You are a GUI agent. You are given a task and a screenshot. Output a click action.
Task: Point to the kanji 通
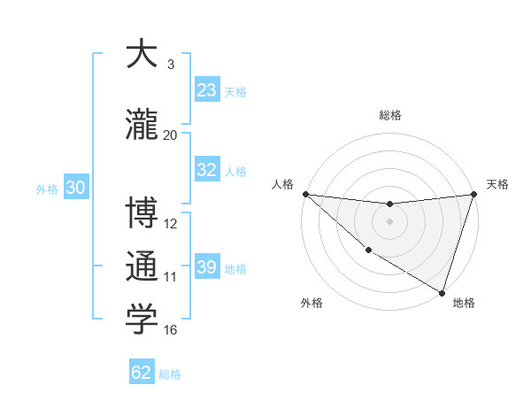coord(142,267)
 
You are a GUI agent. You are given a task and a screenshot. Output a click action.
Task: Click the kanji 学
coord(142,320)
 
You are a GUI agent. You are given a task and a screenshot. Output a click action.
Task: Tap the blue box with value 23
coord(207,90)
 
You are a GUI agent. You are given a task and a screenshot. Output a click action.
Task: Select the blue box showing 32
coord(207,171)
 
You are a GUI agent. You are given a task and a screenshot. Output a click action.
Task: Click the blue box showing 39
coord(207,268)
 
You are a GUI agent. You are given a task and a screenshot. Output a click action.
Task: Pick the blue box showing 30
coord(75,189)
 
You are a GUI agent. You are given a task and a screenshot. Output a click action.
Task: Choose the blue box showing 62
coord(142,373)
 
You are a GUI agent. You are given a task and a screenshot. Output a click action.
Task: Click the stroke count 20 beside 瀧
coord(171,135)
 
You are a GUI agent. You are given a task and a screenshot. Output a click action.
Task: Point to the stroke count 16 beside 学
coord(171,330)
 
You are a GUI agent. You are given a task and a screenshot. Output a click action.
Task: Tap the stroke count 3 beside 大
coord(171,65)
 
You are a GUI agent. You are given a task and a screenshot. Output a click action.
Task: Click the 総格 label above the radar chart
coord(390,115)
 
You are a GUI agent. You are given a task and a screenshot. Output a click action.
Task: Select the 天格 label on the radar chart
coord(497,184)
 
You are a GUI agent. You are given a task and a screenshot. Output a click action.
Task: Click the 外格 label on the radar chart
coord(311,303)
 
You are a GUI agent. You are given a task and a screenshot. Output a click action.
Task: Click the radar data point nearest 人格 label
coord(305,194)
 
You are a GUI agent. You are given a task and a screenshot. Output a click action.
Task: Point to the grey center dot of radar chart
coord(389,221)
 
